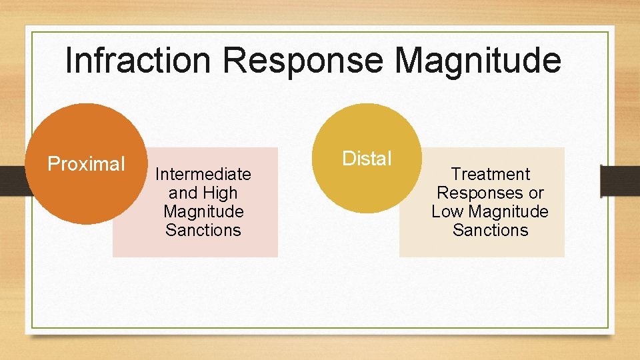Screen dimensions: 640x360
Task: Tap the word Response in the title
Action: tap(303, 61)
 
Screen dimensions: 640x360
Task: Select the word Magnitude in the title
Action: tap(477, 61)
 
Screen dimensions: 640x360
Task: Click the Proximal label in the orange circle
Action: tap(86, 164)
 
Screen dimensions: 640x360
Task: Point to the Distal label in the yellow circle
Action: tap(367, 159)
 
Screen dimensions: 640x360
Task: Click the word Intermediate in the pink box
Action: tap(203, 175)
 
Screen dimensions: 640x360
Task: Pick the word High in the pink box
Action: tap(221, 193)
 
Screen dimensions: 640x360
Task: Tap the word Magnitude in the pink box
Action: tap(203, 212)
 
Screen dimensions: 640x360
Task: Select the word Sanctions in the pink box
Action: tap(203, 231)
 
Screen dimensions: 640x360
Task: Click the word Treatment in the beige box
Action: tap(490, 175)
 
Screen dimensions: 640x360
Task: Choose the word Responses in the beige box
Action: tap(478, 193)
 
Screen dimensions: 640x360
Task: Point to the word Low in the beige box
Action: tap(446, 212)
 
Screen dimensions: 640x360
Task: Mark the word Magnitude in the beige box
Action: tap(507, 212)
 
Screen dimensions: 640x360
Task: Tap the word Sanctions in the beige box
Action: tap(490, 231)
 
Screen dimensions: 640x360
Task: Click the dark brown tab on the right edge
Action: tap(619, 181)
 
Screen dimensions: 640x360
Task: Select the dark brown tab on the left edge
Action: tap(13, 181)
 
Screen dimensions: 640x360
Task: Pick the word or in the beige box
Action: tap(535, 193)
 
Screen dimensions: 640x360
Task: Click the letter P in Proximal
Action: tap(53, 164)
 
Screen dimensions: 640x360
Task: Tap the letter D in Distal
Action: tap(348, 159)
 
